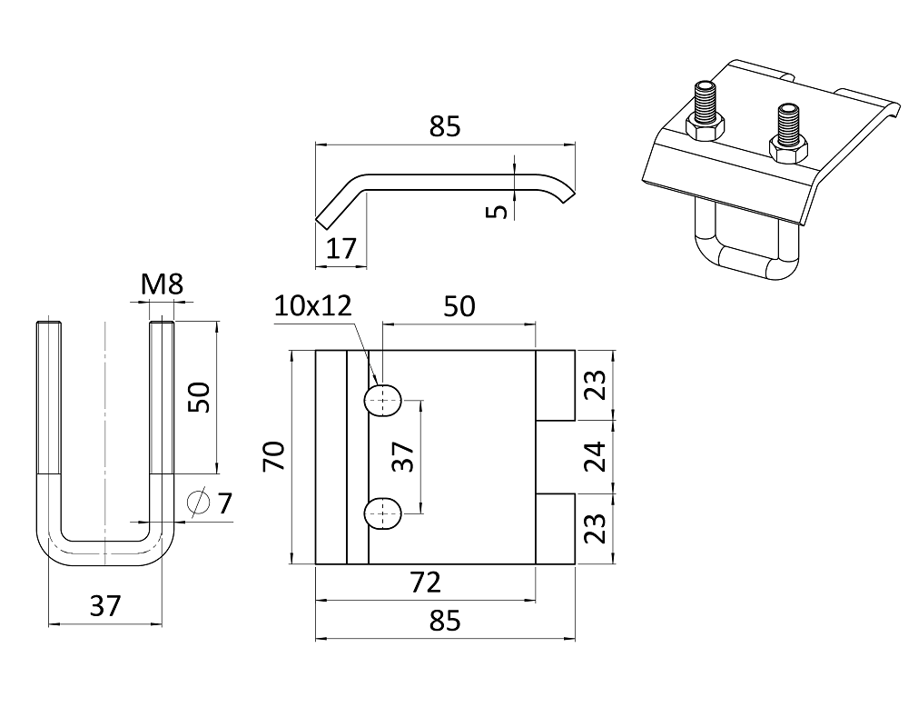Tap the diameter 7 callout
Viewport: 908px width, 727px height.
[x=211, y=502]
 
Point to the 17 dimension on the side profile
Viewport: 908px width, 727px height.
[x=341, y=248]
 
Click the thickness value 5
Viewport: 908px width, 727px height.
[x=496, y=211]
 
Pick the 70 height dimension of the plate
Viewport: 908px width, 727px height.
[x=274, y=456]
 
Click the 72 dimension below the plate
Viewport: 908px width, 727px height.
[x=425, y=582]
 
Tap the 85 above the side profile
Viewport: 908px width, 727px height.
[x=445, y=127]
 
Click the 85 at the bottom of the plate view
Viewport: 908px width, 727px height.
[x=445, y=622]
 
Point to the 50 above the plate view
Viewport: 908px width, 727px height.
[x=459, y=306]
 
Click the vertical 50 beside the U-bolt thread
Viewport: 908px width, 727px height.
[x=199, y=397]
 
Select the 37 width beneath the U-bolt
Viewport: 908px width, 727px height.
[x=105, y=606]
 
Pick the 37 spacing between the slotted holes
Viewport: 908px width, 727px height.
[x=405, y=456]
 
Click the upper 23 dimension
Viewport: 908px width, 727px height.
[x=595, y=385]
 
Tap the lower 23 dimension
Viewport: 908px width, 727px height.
[x=595, y=529]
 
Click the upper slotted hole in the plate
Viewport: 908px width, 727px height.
[x=382, y=400]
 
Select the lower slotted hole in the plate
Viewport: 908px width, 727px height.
[x=382, y=513]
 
